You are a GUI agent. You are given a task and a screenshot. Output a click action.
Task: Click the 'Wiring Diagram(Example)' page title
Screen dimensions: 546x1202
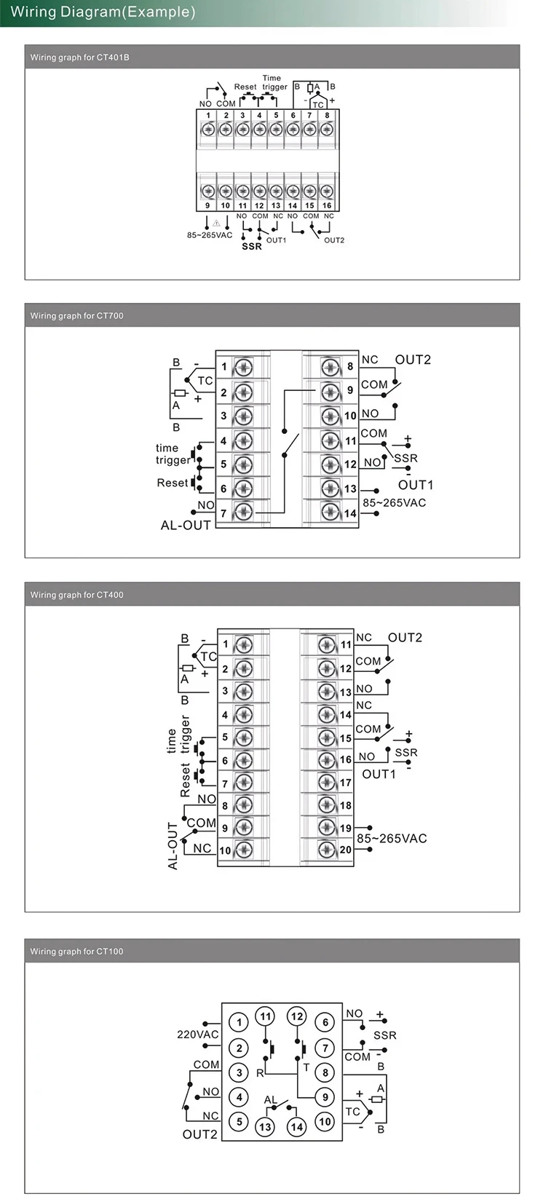tap(103, 12)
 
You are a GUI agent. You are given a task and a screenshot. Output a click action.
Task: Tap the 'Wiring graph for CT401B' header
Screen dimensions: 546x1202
tap(79, 58)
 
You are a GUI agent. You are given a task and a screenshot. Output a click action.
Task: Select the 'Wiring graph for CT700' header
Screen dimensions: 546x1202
tap(76, 316)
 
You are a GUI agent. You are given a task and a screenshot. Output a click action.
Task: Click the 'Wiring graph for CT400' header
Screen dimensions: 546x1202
tap(76, 595)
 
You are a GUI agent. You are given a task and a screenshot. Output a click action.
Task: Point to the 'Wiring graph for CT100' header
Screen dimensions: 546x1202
tap(76, 952)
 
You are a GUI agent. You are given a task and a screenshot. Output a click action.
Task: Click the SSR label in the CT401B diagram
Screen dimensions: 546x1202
tap(252, 246)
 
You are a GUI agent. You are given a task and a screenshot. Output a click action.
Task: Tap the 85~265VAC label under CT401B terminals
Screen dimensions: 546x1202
tap(210, 235)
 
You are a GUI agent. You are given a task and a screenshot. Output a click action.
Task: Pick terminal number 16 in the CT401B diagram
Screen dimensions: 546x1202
tap(327, 205)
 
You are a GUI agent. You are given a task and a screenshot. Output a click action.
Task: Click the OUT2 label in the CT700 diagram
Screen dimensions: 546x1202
tap(413, 360)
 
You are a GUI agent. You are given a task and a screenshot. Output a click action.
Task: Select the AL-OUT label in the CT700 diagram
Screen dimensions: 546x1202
tap(186, 526)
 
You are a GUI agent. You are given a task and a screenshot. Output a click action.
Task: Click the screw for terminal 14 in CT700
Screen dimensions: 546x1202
tap(331, 512)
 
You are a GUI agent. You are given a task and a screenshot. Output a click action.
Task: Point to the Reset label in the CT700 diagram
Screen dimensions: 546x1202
tap(172, 483)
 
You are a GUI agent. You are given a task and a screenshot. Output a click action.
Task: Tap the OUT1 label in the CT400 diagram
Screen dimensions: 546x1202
tap(379, 774)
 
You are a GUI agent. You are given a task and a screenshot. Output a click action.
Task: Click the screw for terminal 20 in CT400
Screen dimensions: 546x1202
tap(327, 850)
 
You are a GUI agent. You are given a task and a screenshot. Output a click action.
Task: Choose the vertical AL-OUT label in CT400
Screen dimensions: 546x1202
tap(173, 846)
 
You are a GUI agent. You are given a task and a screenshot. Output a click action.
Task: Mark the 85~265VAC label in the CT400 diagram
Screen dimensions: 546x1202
tap(392, 839)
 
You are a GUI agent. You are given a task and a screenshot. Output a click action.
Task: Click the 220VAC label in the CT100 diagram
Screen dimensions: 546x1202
tap(198, 1034)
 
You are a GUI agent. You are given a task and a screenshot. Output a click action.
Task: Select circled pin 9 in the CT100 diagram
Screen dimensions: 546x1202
tap(325, 1097)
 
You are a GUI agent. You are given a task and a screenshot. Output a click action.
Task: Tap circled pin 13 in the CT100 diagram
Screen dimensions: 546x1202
tap(265, 1127)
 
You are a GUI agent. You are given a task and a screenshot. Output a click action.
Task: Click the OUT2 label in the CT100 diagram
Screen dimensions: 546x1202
tap(200, 1134)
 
